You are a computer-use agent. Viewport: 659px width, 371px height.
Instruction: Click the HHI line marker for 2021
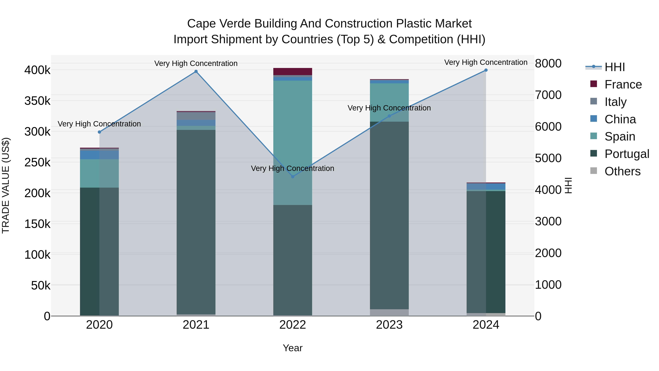coord(196,71)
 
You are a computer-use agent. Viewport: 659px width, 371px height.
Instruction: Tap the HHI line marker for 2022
coord(293,177)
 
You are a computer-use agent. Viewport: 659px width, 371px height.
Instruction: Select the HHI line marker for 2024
coord(486,70)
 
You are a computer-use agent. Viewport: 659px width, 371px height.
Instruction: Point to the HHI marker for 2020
coord(100,132)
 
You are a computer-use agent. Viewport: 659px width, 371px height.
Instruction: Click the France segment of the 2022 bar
coord(293,71)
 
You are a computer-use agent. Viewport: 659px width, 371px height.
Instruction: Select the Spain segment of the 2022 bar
coord(293,128)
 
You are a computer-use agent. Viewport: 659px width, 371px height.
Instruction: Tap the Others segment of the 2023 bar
coord(389,312)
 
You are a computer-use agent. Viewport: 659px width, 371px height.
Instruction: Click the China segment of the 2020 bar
coord(90,155)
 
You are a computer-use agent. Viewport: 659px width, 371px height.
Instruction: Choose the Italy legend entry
coord(615,102)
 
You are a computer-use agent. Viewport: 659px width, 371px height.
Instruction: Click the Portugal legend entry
coord(627,154)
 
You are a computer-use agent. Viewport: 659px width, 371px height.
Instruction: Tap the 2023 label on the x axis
coord(389,325)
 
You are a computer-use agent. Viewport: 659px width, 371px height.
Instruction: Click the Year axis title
coord(293,348)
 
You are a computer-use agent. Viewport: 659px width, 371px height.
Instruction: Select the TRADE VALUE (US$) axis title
coord(6,185)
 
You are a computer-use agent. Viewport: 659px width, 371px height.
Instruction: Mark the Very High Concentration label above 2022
coord(292,169)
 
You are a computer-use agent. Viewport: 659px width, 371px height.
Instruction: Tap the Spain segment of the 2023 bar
coord(389,102)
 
